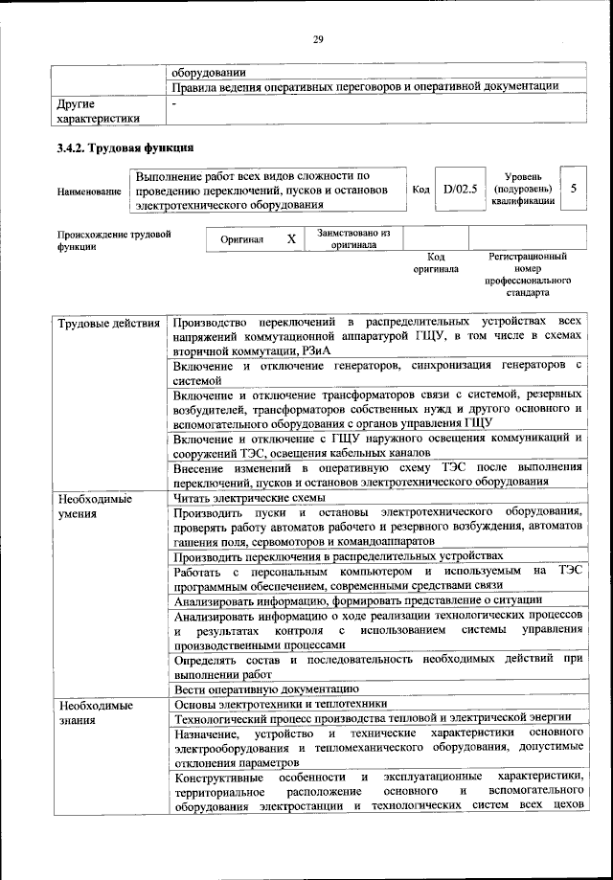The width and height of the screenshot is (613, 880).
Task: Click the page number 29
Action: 319,38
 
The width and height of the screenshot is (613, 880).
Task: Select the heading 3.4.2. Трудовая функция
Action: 125,148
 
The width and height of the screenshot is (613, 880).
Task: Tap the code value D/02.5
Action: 461,190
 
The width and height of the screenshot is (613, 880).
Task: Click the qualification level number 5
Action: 573,190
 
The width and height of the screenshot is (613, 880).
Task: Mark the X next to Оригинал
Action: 290,239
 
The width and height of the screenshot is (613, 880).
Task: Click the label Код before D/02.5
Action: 420,190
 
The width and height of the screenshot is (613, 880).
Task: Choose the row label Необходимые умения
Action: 94,507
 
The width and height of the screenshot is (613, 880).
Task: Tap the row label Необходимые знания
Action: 94,711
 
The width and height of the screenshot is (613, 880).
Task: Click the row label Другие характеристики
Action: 99,110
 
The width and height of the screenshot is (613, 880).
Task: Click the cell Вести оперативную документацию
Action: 266,688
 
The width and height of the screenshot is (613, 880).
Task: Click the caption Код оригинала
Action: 436,263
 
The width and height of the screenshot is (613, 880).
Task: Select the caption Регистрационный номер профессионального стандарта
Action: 528,274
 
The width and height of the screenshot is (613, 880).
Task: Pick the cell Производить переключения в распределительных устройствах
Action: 336,556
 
